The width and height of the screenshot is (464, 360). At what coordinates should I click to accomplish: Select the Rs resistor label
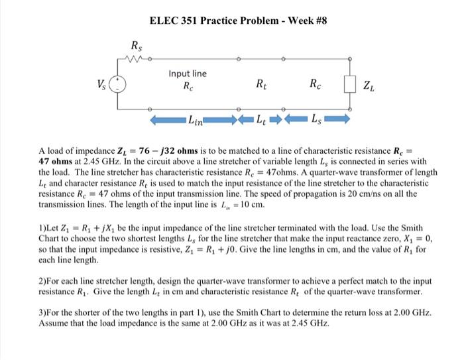135,46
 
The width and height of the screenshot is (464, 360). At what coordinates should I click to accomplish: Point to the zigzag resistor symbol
136,58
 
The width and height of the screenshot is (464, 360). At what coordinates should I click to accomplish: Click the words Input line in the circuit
187,74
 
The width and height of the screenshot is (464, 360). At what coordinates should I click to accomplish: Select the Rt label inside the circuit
261,84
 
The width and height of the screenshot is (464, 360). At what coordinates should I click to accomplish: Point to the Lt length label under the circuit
262,120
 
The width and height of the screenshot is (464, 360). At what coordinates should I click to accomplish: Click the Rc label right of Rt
316,84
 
